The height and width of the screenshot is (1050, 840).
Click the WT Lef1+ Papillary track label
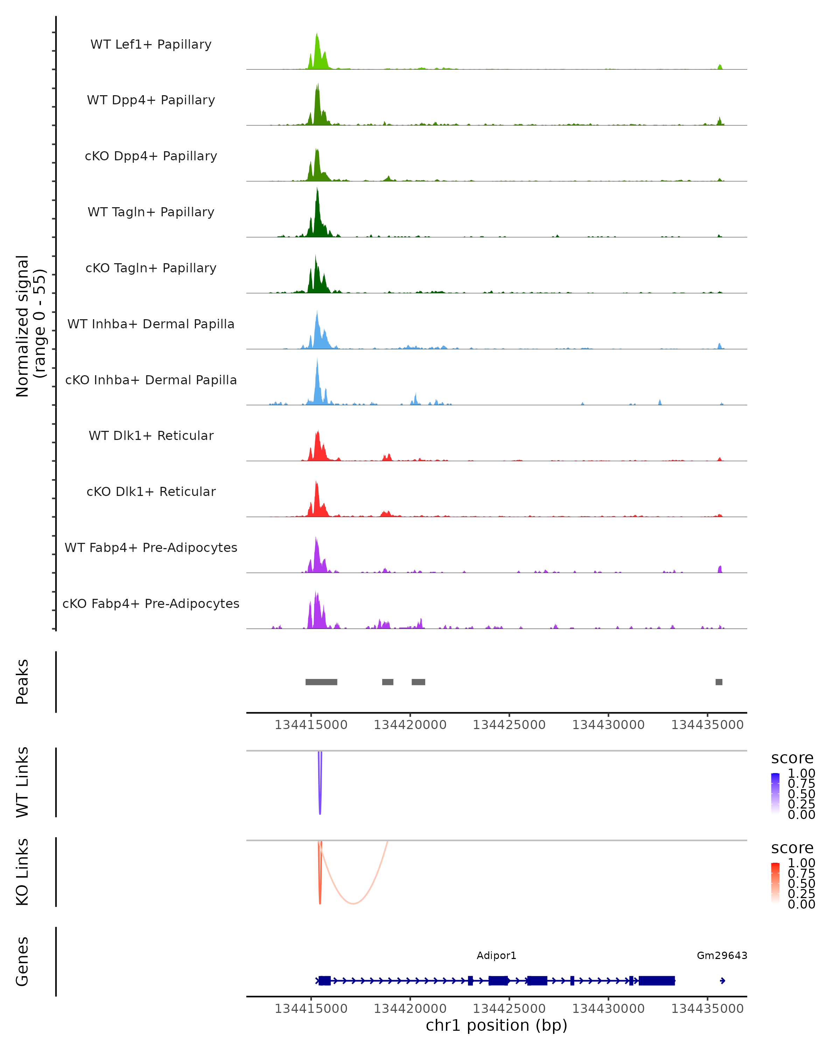151,44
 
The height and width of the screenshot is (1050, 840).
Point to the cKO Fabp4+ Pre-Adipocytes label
151,603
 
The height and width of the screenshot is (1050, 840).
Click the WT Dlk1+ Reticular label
151,435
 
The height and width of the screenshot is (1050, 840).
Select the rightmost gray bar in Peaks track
719,682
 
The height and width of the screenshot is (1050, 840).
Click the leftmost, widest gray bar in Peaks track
321,682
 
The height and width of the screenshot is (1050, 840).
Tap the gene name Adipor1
496,955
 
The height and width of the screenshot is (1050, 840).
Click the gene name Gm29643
722,955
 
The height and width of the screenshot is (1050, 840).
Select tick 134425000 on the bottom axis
509,1009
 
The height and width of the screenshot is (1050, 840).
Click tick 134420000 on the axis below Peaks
410,725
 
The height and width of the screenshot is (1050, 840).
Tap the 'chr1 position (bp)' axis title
496,1025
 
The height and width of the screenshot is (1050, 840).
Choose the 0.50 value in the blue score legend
801,794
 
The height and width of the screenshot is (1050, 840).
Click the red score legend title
792,848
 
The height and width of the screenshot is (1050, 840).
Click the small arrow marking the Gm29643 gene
723,981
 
